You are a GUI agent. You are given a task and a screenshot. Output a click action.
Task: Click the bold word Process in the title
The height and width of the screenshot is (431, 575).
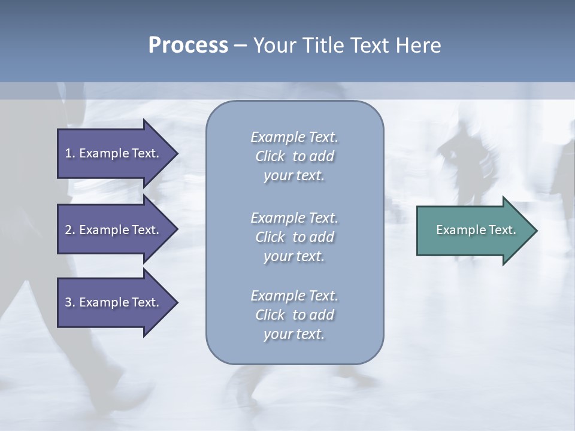(x=188, y=45)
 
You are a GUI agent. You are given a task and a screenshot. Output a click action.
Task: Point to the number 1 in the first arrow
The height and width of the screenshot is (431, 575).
(x=69, y=153)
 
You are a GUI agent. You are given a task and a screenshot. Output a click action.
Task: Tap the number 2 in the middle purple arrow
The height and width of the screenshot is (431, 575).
(x=69, y=230)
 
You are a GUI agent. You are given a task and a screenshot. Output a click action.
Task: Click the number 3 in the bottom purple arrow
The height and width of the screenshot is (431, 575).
(x=69, y=302)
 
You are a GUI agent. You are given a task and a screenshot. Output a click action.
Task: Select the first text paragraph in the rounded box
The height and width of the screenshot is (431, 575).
(x=294, y=156)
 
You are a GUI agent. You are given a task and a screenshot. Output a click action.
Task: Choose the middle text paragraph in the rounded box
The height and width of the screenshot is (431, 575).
(x=294, y=237)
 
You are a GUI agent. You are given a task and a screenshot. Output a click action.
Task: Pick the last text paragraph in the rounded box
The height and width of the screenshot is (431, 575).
(x=294, y=315)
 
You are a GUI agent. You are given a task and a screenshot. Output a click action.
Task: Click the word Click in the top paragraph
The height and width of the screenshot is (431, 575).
(x=270, y=156)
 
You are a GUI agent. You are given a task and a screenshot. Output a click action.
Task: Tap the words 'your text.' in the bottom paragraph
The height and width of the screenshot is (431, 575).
(x=294, y=335)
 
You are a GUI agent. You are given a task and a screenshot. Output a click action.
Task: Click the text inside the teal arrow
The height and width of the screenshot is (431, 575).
(x=476, y=230)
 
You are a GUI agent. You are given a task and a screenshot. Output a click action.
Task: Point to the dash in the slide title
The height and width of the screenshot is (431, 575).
(x=240, y=45)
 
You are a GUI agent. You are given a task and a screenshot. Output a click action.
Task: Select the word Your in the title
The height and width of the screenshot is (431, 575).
(x=273, y=45)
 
